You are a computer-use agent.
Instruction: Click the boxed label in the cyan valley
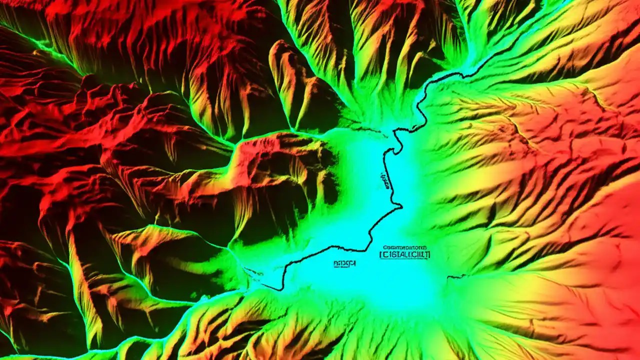[x=404, y=254]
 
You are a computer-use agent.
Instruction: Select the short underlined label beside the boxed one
[x=344, y=262]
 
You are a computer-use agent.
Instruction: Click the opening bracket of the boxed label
[x=381, y=254]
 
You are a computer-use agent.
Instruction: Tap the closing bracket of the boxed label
[x=428, y=254]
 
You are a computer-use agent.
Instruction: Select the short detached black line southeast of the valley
[x=456, y=276]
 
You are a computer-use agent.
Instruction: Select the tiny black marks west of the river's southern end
[x=255, y=272]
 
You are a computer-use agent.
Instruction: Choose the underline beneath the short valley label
[x=344, y=266]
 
